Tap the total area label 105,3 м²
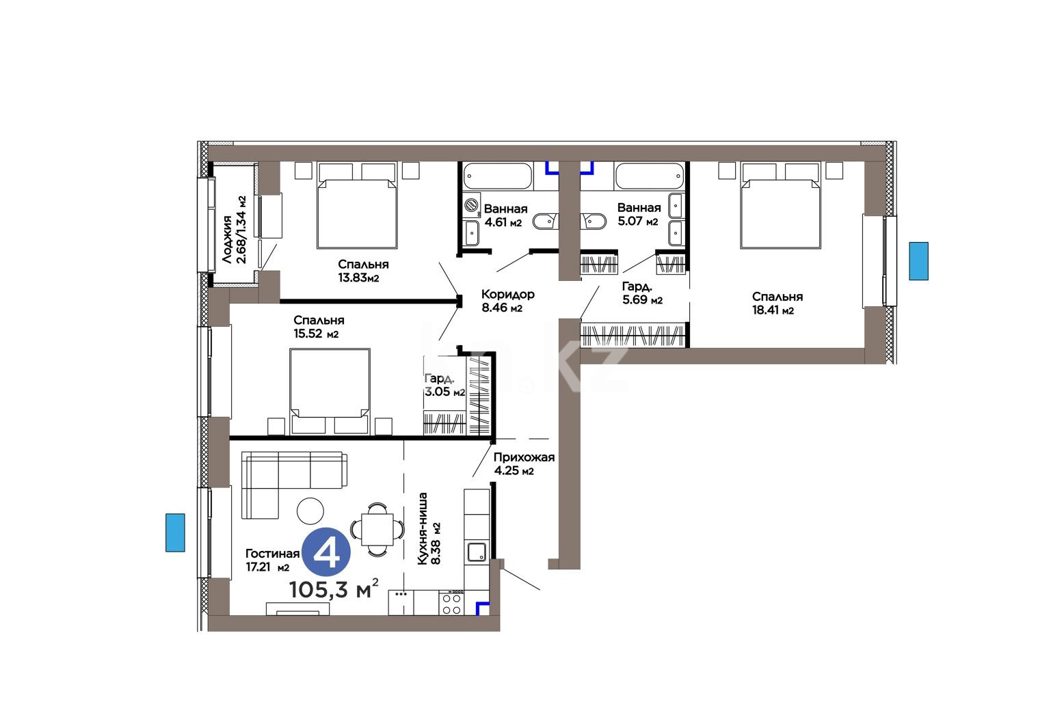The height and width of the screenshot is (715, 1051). (334, 589)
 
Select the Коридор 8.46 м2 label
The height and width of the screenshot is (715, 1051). (507, 301)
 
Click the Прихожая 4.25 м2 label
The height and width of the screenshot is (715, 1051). (524, 464)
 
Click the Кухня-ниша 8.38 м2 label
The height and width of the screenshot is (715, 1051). (429, 528)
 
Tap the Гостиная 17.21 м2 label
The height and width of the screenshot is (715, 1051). (273, 561)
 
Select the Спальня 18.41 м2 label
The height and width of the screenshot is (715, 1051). (777, 303)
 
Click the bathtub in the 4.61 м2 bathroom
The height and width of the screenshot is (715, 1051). (497, 176)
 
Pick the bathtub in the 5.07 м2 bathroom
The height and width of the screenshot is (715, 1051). (650, 176)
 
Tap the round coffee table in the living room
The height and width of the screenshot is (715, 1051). (310, 511)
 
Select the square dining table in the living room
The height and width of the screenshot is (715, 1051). (377, 529)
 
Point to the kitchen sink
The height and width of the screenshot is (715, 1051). (476, 552)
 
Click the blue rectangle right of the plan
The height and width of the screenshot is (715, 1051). (919, 261)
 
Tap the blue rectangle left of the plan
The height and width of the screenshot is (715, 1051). (175, 532)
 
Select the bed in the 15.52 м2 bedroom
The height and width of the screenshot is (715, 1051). (330, 392)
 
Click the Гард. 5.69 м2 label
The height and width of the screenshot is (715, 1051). (642, 293)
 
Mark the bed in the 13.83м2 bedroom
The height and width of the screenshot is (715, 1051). (357, 206)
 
